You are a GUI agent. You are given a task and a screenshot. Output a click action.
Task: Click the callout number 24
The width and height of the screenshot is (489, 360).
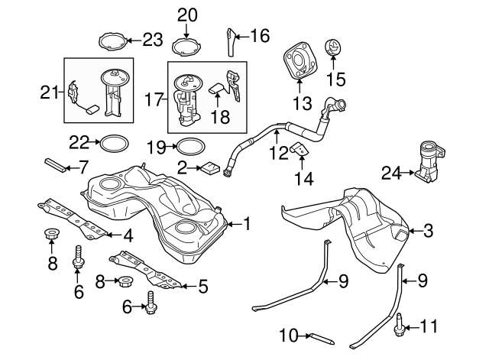pos(390,173)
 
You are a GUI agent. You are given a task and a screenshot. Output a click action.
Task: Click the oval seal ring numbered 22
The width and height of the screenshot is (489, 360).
pos(114,143)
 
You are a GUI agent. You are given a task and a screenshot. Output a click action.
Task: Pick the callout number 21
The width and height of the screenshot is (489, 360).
pos(50,92)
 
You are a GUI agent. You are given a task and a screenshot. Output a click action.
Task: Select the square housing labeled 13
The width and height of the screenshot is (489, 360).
pos(297,62)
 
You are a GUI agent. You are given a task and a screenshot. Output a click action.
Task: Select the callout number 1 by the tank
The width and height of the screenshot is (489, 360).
pos(247,223)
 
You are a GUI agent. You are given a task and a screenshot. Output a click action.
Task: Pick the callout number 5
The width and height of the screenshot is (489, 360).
pos(202,287)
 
